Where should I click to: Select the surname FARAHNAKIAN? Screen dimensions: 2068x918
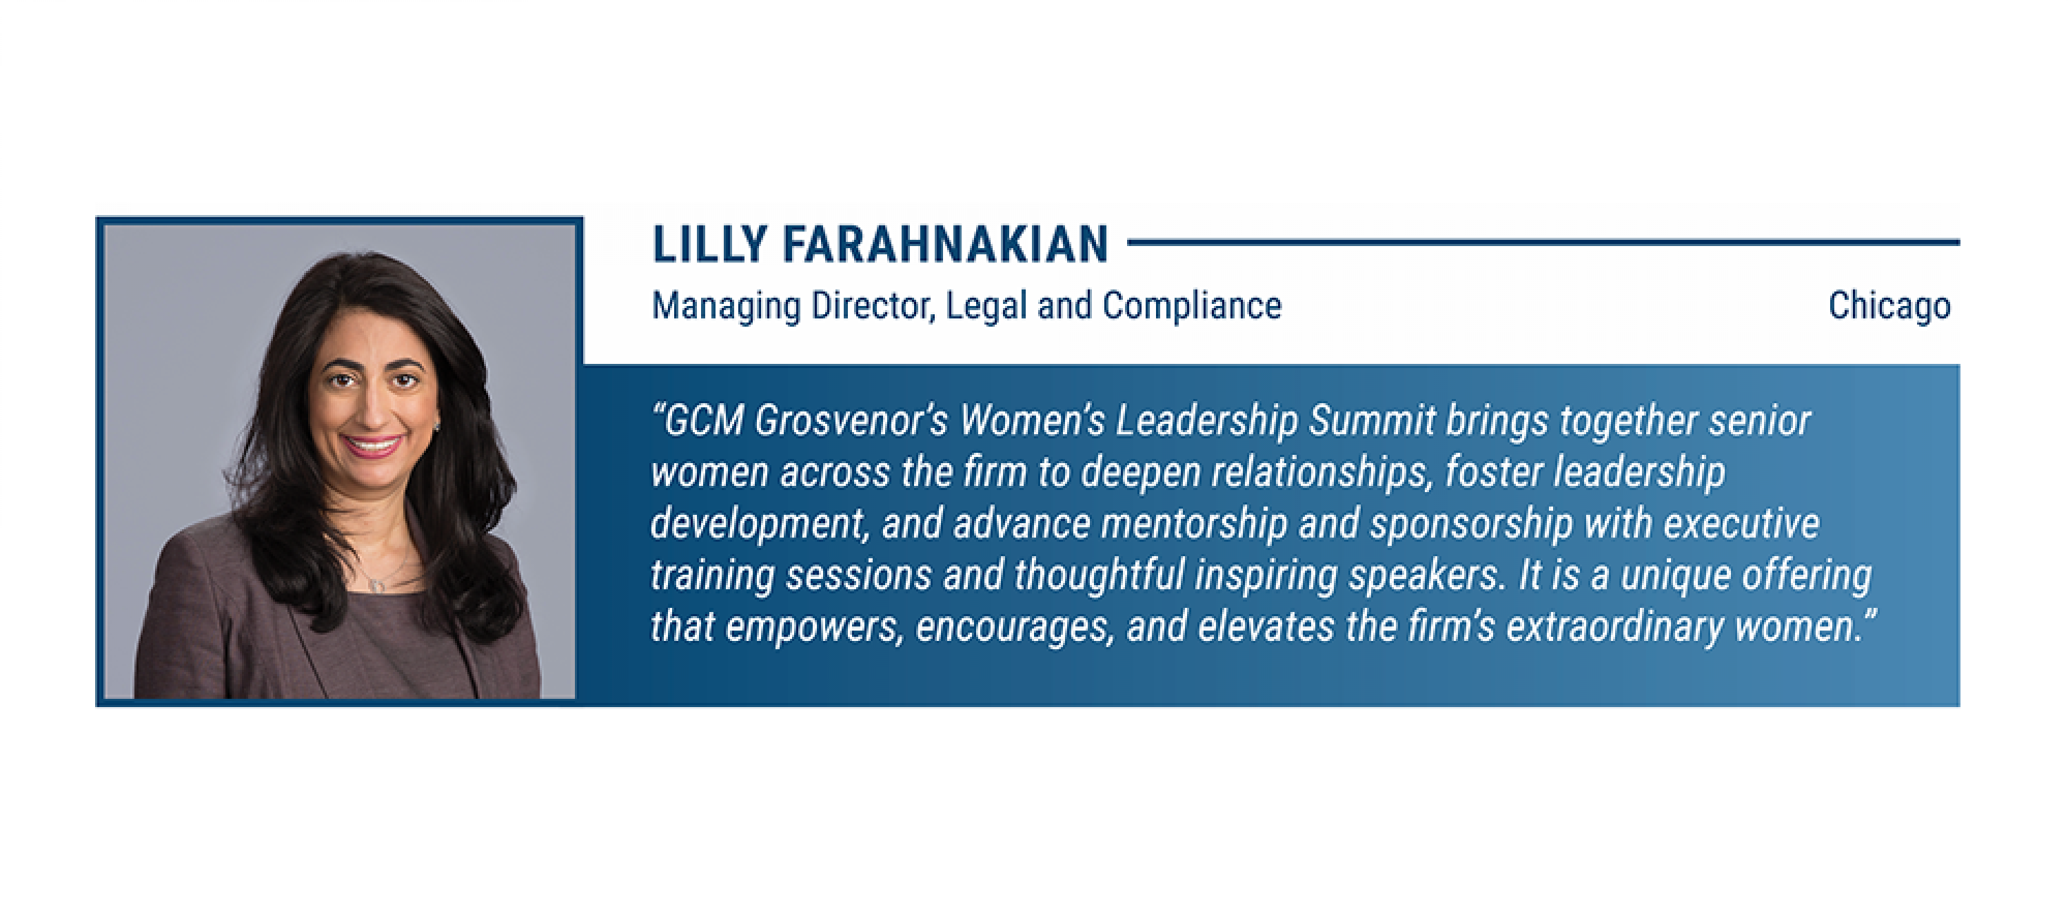point(946,244)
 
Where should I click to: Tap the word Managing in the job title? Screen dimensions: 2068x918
point(726,307)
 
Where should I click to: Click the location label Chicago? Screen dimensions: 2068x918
point(1889,307)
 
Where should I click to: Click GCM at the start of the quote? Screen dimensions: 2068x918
point(701,420)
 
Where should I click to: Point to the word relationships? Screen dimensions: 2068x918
point(1322,472)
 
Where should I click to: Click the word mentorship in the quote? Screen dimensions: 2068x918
point(1194,523)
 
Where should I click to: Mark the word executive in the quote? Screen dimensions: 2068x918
point(1741,523)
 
